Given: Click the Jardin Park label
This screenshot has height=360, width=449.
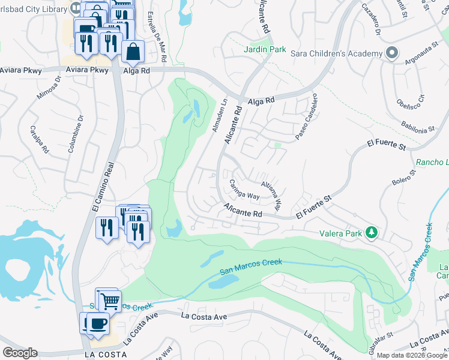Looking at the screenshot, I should (265, 49).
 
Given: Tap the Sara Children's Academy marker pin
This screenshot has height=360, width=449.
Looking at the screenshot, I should (392, 53).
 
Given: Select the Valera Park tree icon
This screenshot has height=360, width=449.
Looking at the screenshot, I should (372, 232).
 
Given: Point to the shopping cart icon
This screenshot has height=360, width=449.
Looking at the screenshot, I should (109, 301).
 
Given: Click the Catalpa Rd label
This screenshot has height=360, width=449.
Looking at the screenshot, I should (40, 139).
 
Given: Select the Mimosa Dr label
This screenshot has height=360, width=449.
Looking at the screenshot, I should (50, 90).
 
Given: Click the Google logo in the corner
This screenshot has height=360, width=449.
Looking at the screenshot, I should (20, 353).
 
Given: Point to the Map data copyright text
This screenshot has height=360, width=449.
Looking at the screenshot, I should (412, 355).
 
